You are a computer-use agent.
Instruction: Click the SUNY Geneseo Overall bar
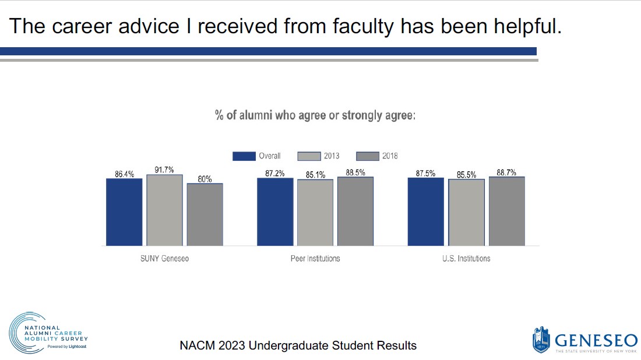click(124, 212)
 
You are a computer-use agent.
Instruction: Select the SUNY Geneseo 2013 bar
click(164, 210)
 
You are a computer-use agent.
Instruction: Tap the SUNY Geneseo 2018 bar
click(205, 214)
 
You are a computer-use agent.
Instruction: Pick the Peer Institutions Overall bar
click(275, 211)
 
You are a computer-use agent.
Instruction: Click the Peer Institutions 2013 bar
click(315, 213)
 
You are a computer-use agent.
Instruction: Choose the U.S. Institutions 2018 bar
click(506, 211)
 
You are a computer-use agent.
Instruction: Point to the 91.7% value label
click(164, 170)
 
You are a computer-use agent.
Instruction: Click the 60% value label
click(205, 179)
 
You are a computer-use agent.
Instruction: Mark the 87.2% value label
click(275, 173)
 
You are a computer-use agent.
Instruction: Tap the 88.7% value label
click(506, 172)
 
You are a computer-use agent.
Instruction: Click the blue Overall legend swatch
click(244, 156)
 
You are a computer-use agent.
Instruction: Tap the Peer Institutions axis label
click(315, 258)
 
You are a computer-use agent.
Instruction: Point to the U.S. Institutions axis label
click(466, 258)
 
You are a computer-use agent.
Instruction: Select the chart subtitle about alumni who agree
click(315, 115)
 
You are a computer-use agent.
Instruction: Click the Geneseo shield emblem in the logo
click(541, 340)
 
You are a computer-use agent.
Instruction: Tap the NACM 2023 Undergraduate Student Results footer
click(298, 345)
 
